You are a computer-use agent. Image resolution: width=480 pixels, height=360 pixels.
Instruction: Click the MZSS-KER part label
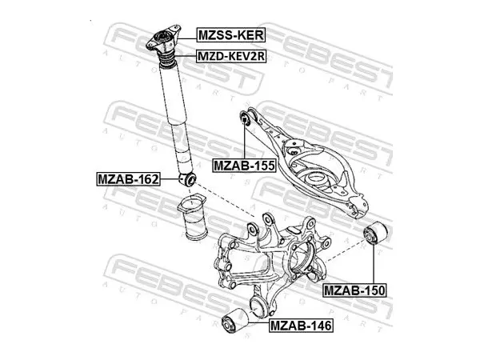[231, 35]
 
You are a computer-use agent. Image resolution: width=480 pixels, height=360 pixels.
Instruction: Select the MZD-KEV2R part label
[231, 56]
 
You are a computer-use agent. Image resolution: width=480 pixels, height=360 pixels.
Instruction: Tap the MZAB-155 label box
[244, 166]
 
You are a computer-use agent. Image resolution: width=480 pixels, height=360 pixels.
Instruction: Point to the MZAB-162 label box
[129, 179]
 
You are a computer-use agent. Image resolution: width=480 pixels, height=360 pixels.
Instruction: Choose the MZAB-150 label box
[355, 290]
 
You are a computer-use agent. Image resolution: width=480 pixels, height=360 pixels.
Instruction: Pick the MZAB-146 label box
[302, 326]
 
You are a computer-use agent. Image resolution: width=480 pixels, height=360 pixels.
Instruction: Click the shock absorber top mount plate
[163, 39]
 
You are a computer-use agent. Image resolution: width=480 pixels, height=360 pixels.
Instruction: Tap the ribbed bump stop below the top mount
[166, 58]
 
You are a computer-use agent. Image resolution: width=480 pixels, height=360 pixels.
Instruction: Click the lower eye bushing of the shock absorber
[187, 179]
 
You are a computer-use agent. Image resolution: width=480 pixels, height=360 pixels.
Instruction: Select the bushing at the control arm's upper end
[245, 118]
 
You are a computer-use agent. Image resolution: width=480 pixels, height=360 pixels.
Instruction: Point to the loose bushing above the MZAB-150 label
[375, 234]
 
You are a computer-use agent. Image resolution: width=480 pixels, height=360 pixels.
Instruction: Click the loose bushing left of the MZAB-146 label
[234, 322]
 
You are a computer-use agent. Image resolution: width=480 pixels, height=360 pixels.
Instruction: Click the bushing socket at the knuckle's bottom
[259, 306]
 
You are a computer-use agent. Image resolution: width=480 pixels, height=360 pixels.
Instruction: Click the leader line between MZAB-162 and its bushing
[170, 179]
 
